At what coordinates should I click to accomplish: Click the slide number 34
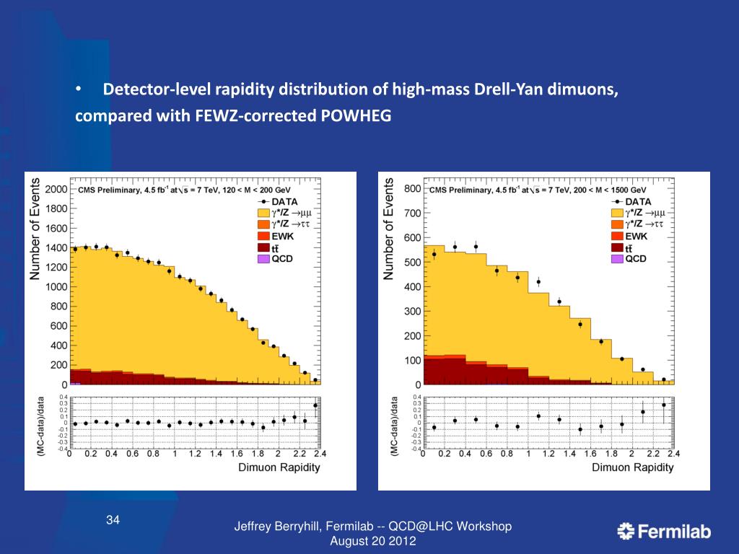(x=113, y=520)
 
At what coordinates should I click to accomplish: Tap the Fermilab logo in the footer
(x=664, y=532)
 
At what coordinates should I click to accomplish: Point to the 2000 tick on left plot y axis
(x=56, y=190)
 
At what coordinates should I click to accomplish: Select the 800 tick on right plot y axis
(x=412, y=189)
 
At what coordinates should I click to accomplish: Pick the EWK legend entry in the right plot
(x=635, y=236)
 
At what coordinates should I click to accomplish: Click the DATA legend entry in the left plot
(x=285, y=201)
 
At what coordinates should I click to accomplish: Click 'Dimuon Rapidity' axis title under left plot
(x=279, y=467)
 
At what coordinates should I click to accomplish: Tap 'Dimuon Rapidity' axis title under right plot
(x=632, y=467)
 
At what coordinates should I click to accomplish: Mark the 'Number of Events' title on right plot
(x=390, y=229)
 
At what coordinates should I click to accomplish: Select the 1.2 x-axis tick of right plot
(x=548, y=454)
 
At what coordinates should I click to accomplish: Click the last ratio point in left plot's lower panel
(x=315, y=405)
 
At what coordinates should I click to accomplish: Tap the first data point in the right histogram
(x=434, y=254)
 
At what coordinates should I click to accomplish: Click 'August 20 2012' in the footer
(x=372, y=541)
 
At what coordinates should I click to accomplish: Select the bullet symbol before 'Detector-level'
(x=79, y=90)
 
